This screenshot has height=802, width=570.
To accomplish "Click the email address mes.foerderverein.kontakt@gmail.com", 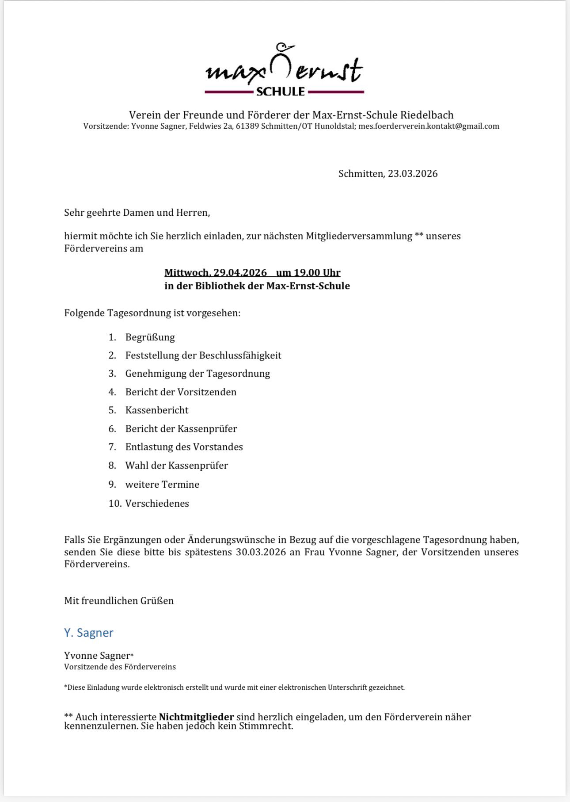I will tap(429, 126).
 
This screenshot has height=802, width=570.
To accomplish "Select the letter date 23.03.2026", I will tap(413, 174).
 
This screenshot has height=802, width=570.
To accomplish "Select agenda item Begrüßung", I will tap(150, 337).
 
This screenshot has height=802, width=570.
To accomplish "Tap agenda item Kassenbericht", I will tap(157, 410).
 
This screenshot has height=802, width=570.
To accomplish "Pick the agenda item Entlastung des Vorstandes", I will tap(184, 447).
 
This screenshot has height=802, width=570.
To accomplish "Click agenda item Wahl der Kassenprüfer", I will tap(177, 466).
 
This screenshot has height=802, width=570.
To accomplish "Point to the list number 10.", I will tap(114, 504).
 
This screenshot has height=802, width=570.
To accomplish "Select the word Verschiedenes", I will tap(157, 504).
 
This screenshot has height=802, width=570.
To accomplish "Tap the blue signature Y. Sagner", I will tap(89, 633).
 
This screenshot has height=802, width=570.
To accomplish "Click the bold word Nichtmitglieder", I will tap(196, 717).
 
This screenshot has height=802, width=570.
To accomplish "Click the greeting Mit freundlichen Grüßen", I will tap(119, 601).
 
